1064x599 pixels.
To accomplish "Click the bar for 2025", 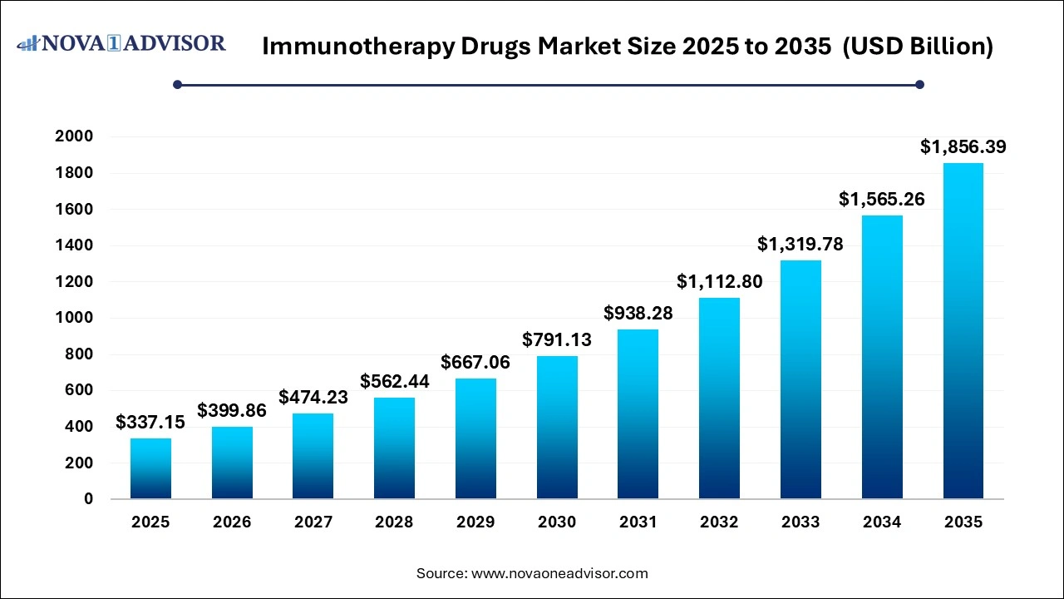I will coord(150,468).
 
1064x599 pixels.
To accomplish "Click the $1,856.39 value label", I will coord(963,147).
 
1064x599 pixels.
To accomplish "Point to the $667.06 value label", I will coord(475,363).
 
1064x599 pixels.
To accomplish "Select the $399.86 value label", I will coord(232,411).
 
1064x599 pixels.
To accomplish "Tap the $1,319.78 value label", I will coord(800,245).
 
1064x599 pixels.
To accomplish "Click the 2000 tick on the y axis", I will coord(74,136).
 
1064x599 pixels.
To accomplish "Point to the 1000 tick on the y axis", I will coord(74,318).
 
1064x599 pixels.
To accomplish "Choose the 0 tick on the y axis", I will coord(88,499).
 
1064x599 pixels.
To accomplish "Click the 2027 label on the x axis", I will coord(313,522).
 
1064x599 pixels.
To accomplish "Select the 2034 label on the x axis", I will coord(882,522).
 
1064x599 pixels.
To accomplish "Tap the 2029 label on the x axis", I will coord(475,522).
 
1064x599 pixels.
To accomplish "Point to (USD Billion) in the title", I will coord(918,47).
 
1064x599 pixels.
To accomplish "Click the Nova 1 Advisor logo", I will coord(121,43).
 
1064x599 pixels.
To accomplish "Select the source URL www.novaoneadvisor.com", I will coord(559,573).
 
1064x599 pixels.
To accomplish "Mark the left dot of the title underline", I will coord(177,84).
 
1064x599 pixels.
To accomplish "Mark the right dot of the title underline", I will coord(919,84).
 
